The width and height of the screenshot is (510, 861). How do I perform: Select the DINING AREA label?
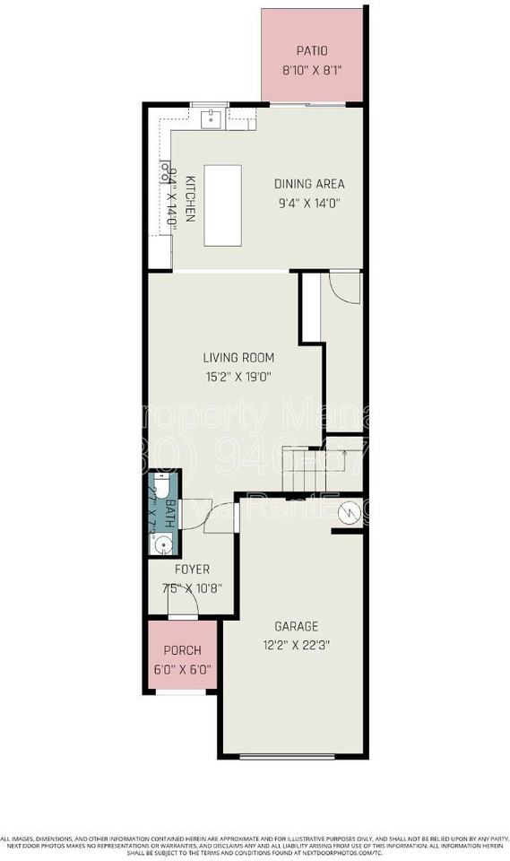point(308,185)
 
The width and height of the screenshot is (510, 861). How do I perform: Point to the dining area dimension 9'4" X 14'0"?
point(308,203)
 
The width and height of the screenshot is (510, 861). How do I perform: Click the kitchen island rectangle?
point(223,204)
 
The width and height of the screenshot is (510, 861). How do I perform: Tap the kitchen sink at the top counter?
point(212,118)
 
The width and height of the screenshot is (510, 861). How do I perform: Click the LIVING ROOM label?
point(238,358)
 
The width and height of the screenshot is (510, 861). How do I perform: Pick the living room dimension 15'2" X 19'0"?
point(238,377)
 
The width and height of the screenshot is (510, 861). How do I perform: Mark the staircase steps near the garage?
point(304,470)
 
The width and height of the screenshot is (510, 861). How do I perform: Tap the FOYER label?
point(192,570)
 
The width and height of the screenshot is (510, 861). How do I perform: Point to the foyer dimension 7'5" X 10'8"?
point(192,588)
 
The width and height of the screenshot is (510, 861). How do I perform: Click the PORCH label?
point(181,651)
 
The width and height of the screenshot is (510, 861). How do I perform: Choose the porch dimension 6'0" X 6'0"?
point(181,669)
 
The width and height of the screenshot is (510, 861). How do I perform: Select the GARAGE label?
point(296,626)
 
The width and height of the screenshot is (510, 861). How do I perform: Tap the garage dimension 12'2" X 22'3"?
point(296,644)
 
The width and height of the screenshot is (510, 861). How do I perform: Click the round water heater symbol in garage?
point(345,512)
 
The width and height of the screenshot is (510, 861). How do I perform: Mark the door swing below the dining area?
point(344,287)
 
